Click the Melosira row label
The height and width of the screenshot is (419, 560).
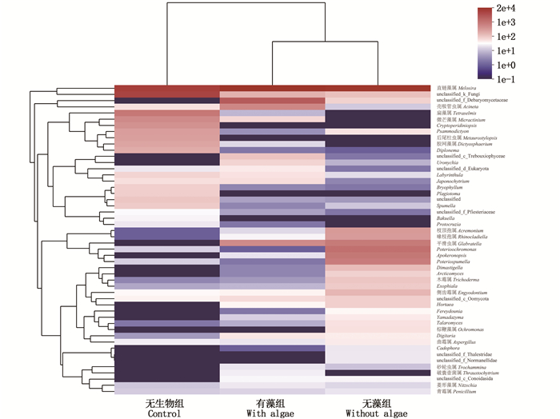(x=457, y=88)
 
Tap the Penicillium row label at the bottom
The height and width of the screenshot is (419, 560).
(x=462, y=391)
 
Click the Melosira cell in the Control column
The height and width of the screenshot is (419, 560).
(x=166, y=88)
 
